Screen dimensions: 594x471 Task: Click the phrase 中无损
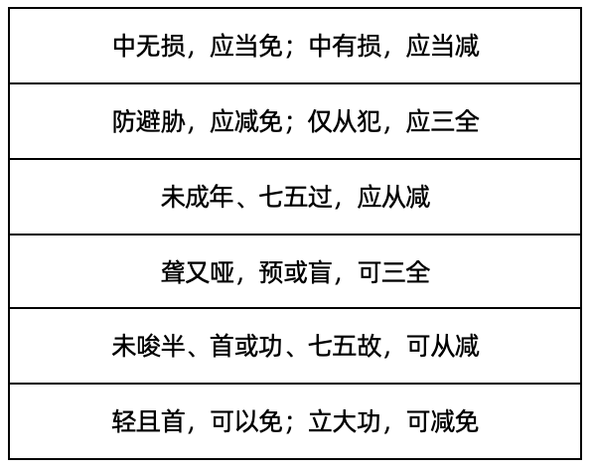pyautogui.click(x=149, y=46)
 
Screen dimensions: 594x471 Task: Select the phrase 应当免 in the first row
pyautogui.click(x=246, y=46)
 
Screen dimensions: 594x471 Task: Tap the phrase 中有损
pyautogui.click(x=345, y=46)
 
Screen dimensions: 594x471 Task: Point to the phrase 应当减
pyautogui.click(x=442, y=46)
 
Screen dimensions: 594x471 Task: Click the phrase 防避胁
pyautogui.click(x=149, y=121)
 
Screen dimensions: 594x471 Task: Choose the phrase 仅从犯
pyautogui.click(x=345, y=121)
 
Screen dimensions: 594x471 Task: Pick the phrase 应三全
pyautogui.click(x=442, y=121)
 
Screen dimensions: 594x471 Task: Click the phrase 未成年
pyautogui.click(x=198, y=197)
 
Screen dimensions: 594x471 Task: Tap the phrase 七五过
pyautogui.click(x=295, y=197)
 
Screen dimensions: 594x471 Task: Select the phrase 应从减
pyautogui.click(x=393, y=197)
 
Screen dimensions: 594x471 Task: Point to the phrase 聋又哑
pyautogui.click(x=198, y=272)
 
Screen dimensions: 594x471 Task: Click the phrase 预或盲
pyautogui.click(x=295, y=272)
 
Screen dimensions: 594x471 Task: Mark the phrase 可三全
pyautogui.click(x=393, y=272)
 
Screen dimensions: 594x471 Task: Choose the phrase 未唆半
pyautogui.click(x=148, y=346)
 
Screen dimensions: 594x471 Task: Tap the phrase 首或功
pyautogui.click(x=246, y=346)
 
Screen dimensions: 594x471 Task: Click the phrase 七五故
pyautogui.click(x=345, y=346)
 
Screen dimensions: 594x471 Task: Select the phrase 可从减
pyautogui.click(x=443, y=346)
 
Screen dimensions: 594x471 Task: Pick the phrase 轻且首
pyautogui.click(x=148, y=421)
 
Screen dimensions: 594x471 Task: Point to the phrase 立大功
pyautogui.click(x=345, y=421)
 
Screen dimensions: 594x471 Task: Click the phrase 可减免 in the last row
pyautogui.click(x=443, y=421)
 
